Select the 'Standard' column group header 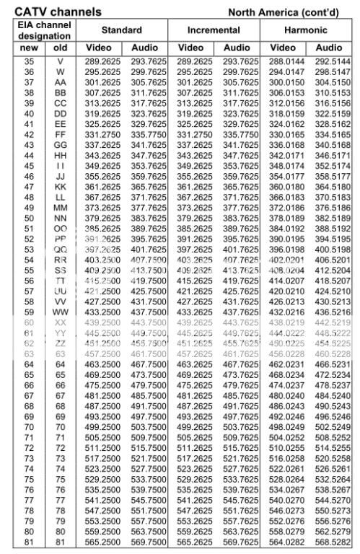click(122, 31)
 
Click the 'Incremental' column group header click(214, 31)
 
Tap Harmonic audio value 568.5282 click(330, 542)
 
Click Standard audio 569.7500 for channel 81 click(148, 542)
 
